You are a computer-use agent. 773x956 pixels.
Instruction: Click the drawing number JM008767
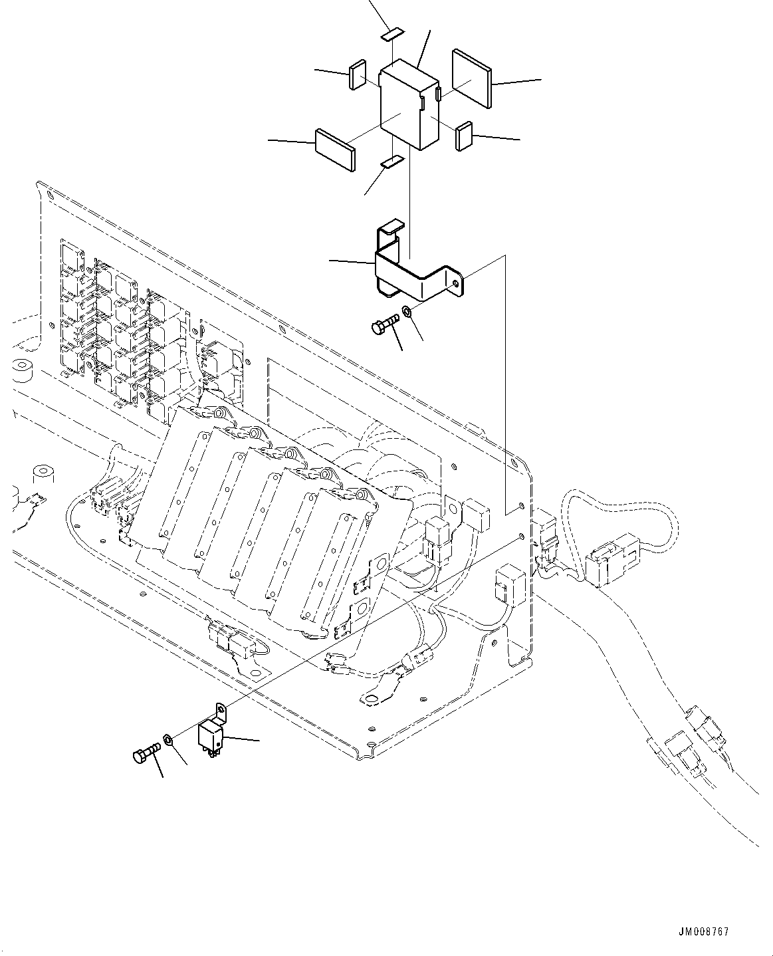coord(704,931)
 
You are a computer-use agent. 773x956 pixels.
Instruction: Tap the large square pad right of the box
coord(471,77)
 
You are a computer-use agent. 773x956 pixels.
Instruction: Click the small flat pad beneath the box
coord(392,161)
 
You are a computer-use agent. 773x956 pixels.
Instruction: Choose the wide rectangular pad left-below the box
coord(334,150)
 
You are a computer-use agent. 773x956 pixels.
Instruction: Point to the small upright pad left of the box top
coord(357,74)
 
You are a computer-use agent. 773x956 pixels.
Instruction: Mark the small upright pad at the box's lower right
coord(463,136)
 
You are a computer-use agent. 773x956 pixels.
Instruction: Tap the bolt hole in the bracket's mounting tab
coord(455,283)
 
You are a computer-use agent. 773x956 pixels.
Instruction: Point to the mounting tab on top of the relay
coord(220,711)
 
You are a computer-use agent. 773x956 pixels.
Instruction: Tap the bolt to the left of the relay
coord(146,755)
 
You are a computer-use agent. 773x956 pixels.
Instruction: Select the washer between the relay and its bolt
coord(169,739)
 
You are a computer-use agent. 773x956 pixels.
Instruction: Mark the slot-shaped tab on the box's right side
coord(437,94)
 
